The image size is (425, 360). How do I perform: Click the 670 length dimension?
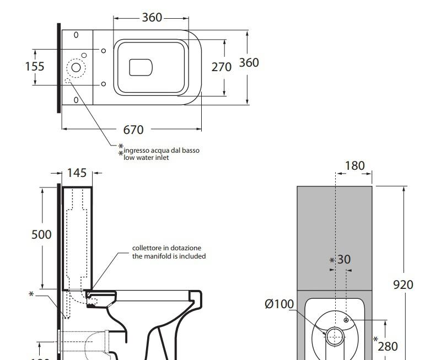pyautogui.click(x=133, y=130)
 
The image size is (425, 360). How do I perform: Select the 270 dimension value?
pyautogui.click(x=222, y=67)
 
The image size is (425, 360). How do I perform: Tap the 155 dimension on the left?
pyautogui.click(x=35, y=67)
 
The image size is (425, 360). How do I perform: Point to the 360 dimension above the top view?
pyautogui.click(x=152, y=18)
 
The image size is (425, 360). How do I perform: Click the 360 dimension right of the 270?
pyautogui.click(x=249, y=63)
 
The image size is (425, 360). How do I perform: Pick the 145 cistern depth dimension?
pyautogui.click(x=77, y=173)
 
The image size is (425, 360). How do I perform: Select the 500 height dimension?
pyautogui.click(x=41, y=234)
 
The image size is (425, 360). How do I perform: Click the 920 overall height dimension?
pyautogui.click(x=404, y=284)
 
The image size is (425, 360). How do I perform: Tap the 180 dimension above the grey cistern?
pyautogui.click(x=354, y=166)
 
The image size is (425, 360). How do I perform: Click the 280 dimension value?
pyautogui.click(x=388, y=346)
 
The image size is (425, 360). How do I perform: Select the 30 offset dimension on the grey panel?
pyautogui.click(x=344, y=259)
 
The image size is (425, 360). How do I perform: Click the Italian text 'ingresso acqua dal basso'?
pyautogui.click(x=162, y=150)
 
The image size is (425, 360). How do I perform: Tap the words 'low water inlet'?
pyautogui.click(x=146, y=158)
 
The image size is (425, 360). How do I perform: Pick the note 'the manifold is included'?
pyautogui.click(x=169, y=256)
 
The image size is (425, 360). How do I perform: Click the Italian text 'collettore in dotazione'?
pyautogui.click(x=167, y=248)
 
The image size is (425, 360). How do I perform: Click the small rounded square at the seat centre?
pyautogui.click(x=141, y=67)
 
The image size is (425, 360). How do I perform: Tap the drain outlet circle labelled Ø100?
pyautogui.click(x=335, y=335)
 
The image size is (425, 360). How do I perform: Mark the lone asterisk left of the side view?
pyautogui.click(x=31, y=294)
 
